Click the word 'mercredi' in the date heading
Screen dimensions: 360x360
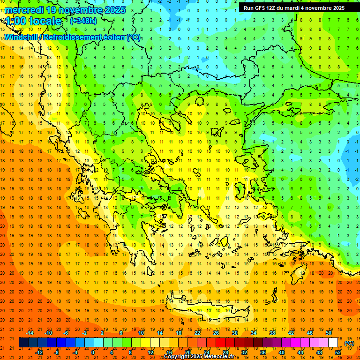click(24, 10)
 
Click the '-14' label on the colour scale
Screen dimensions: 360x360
click(30, 333)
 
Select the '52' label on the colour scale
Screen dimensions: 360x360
click(337, 352)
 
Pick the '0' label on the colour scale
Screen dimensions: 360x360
click(93, 352)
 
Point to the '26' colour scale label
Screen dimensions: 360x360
click(216, 333)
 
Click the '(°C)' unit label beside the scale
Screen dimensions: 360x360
click(349, 343)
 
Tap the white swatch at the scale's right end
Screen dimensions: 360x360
click(333, 343)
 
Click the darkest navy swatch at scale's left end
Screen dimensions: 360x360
click(23, 343)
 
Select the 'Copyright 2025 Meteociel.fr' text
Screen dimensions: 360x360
click(199, 357)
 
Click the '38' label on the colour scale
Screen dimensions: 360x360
click(272, 333)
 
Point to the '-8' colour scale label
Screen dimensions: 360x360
click(56, 352)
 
